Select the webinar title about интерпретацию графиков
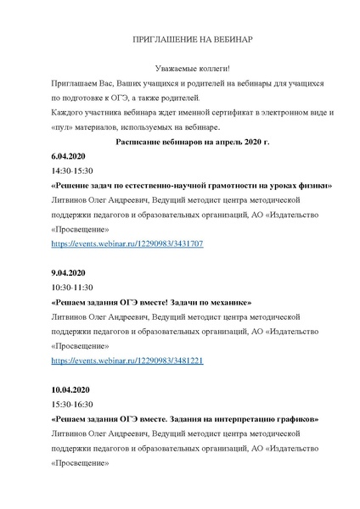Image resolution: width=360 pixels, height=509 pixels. [x=185, y=419]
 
